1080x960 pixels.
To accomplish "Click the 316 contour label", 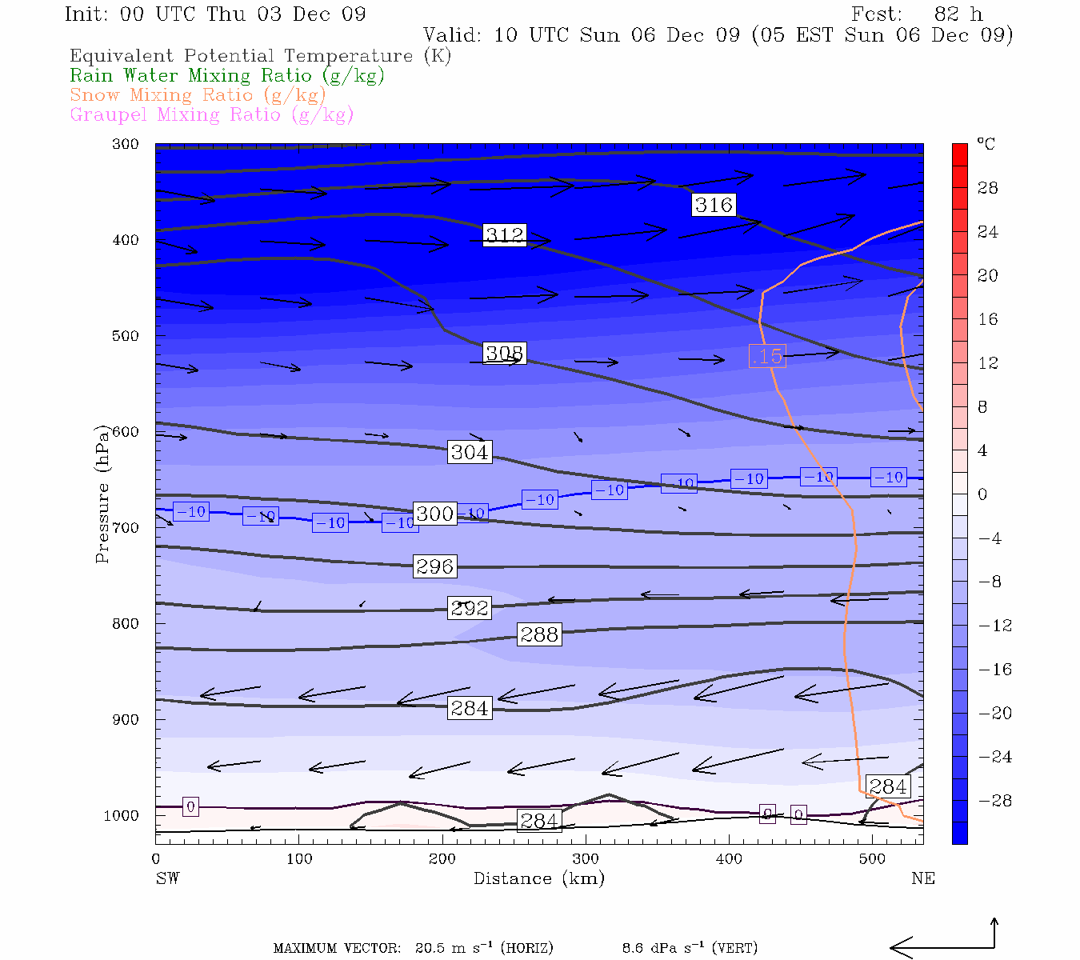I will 714,205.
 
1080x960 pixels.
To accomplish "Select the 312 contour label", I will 505,235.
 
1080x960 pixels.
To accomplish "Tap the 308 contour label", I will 504,353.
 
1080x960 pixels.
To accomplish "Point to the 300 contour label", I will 435,514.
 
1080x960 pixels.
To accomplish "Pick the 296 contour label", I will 435,566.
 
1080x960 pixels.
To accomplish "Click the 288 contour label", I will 539,634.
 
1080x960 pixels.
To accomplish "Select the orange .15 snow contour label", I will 767,356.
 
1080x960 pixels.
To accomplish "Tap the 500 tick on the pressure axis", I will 126,336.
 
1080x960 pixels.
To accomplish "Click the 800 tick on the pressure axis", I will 126,623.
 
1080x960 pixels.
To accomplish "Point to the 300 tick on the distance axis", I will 586,858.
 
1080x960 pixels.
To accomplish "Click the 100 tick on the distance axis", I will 299,858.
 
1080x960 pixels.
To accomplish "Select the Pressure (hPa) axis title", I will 102,494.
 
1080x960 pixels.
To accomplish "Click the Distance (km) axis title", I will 539,878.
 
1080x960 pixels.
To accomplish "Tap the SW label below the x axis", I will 167,878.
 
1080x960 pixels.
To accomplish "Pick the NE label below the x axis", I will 922,878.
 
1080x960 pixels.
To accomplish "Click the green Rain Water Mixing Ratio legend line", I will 227,76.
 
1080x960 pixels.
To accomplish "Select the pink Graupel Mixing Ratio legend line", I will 212,114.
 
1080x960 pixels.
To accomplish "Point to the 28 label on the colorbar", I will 988,188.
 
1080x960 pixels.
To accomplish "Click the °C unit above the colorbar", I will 986,144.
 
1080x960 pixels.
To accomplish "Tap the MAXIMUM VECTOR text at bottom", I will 337,948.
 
